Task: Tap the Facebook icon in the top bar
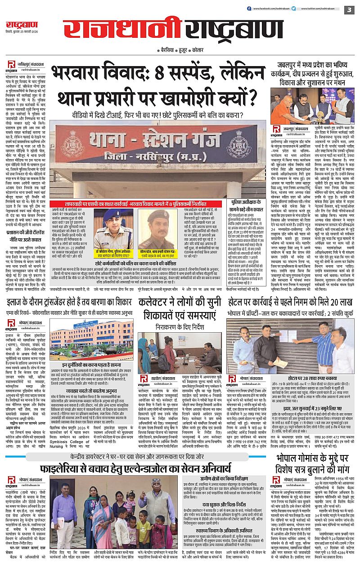tap(249, 9)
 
